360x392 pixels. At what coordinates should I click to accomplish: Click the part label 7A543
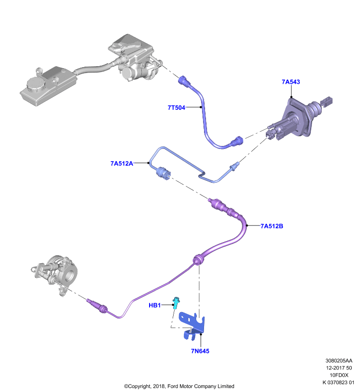coord(291,82)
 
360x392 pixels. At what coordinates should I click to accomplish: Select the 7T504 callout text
coord(177,107)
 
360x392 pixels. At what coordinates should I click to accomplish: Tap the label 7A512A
coord(122,163)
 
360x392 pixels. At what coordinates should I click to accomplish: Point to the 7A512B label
coord(272,226)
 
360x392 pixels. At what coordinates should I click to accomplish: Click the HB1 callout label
coord(154,305)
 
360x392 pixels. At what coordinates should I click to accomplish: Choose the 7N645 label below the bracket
coord(200,351)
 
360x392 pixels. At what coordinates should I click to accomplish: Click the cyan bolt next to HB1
coord(177,302)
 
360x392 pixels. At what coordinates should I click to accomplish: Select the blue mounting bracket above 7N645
coord(192,326)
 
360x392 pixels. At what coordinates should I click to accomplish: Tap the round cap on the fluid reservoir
coord(36,85)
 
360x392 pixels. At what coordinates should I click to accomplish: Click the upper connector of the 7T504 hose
coord(185,81)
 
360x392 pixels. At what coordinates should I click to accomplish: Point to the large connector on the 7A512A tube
coord(163,173)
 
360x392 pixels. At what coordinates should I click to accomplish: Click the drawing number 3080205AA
coord(339,361)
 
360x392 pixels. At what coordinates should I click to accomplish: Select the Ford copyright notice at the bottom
coord(179,386)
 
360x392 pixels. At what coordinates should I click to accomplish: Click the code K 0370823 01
coord(338,382)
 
